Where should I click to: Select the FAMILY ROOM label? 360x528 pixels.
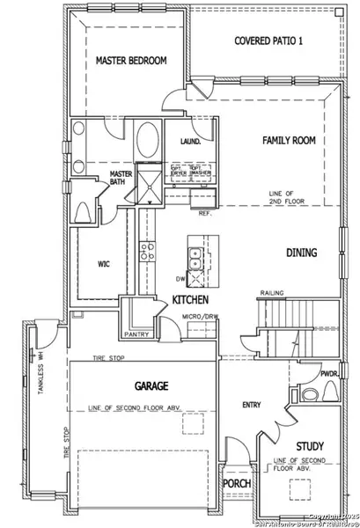[289, 140]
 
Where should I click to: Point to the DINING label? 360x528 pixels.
[301, 253]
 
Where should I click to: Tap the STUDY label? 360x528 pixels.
[310, 446]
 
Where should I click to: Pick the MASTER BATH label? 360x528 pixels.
[120, 180]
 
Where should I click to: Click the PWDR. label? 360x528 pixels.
[329, 373]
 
